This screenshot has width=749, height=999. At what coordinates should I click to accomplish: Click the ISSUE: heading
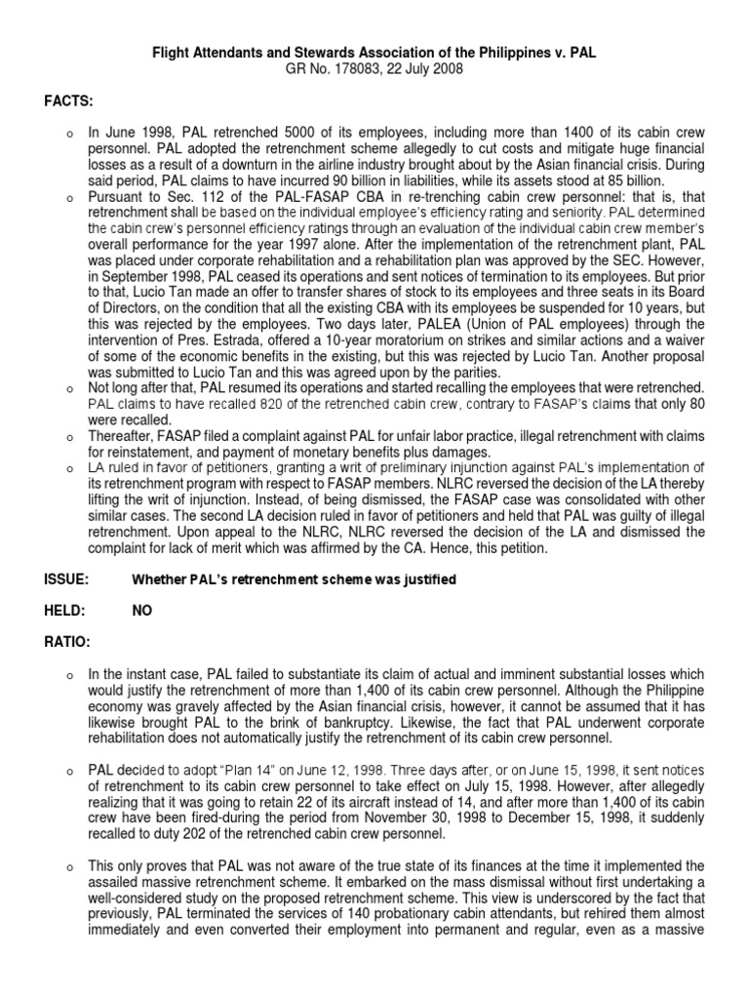coord(66,579)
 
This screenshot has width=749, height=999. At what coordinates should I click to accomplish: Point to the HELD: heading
coord(65,611)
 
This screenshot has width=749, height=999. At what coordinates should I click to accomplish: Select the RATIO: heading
coord(68,642)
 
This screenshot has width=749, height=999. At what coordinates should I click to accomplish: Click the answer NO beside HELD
coord(142,611)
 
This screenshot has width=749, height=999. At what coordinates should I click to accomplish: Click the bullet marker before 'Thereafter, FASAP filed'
coord(70,436)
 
